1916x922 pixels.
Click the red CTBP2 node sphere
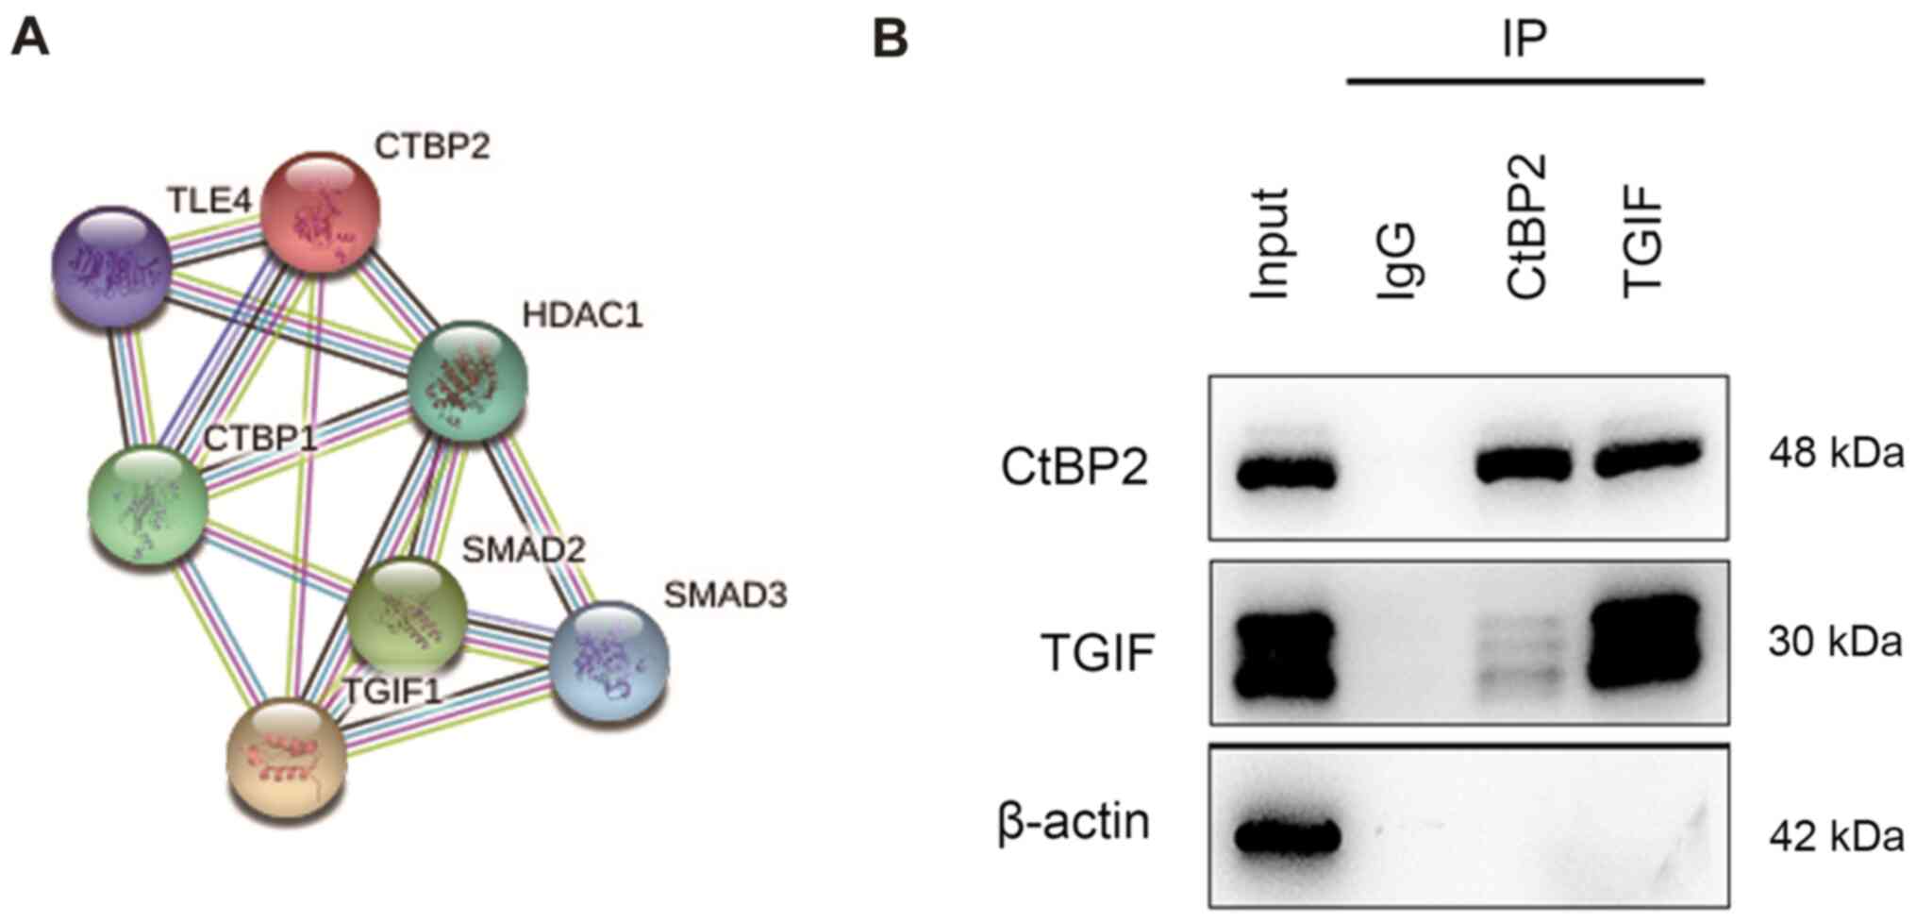[320, 210]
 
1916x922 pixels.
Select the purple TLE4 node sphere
[111, 266]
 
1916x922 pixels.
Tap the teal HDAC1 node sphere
[466, 381]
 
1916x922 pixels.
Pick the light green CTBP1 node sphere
[147, 507]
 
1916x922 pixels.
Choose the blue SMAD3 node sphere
[608, 662]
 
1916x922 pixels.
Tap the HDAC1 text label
[582, 315]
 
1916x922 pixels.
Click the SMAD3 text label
[725, 595]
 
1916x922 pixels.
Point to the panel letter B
[890, 41]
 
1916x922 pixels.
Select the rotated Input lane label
[1270, 243]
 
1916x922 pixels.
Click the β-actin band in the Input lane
[1288, 836]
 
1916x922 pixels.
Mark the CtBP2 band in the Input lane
[1286, 473]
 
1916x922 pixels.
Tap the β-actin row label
[1074, 822]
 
